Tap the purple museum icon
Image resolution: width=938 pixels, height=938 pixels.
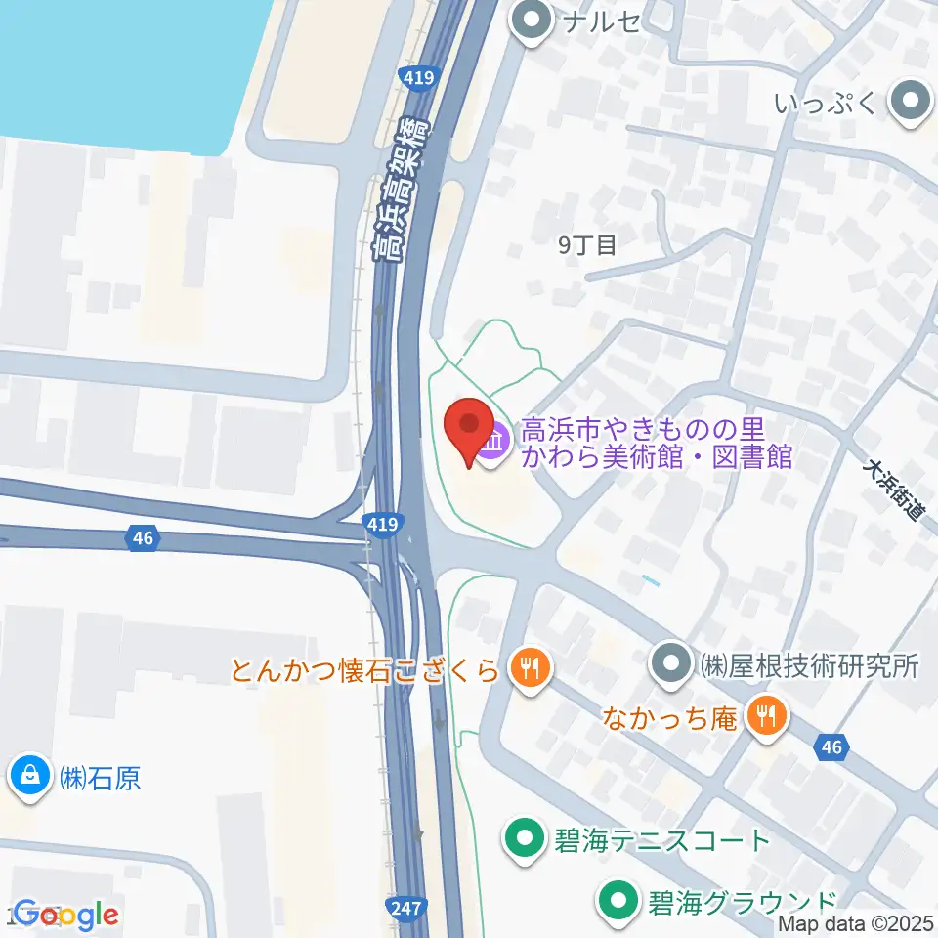tap(494, 445)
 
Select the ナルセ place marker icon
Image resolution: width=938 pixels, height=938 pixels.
tap(533, 22)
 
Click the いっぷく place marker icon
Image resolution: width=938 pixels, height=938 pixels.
tap(912, 100)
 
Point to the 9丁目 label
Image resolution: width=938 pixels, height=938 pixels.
tap(587, 245)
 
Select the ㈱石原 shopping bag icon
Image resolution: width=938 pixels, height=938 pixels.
tap(30, 777)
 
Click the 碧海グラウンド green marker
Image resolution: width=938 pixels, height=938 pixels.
tap(618, 900)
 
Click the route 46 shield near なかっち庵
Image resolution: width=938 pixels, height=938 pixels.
tap(831, 747)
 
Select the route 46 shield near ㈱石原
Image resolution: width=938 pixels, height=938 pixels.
tap(143, 536)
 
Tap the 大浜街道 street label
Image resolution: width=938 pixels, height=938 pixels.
tap(893, 489)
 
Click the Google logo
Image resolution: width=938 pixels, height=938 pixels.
tap(66, 916)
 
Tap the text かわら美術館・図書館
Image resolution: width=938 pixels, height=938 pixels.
tap(656, 457)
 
